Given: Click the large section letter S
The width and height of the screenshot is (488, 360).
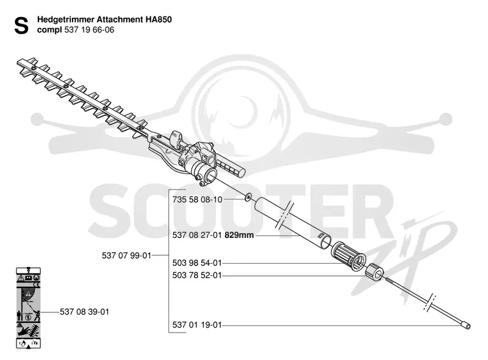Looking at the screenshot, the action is [21, 26].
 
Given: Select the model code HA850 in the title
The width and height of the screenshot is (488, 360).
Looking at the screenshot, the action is [159, 20].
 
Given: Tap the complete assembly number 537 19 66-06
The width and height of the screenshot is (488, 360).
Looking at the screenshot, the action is [89, 30].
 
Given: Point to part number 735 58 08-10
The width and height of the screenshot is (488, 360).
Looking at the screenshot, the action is [197, 200].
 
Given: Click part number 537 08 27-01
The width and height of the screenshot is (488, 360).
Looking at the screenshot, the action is [197, 235].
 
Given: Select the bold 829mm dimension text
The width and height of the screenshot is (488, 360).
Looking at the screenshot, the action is [239, 235].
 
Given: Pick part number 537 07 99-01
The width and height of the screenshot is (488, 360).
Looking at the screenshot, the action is [126, 256].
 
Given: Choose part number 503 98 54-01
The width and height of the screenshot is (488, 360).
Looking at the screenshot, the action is [197, 263].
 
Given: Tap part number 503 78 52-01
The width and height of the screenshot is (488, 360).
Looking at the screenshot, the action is [197, 276].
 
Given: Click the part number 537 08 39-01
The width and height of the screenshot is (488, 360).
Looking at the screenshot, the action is [84, 312].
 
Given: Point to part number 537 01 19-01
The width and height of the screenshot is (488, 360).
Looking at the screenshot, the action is [197, 325].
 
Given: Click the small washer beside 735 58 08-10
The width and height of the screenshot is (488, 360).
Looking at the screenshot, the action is [248, 197].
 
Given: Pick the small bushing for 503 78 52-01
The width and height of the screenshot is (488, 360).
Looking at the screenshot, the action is [375, 272].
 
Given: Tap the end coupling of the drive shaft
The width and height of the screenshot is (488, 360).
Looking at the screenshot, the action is [465, 325].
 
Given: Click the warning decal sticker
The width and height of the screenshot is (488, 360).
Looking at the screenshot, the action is [28, 308].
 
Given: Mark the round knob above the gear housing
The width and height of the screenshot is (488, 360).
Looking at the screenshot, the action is [176, 137].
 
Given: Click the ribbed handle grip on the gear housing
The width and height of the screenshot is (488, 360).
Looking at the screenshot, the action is [230, 167].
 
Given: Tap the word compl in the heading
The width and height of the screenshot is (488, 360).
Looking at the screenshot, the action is [49, 31].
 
